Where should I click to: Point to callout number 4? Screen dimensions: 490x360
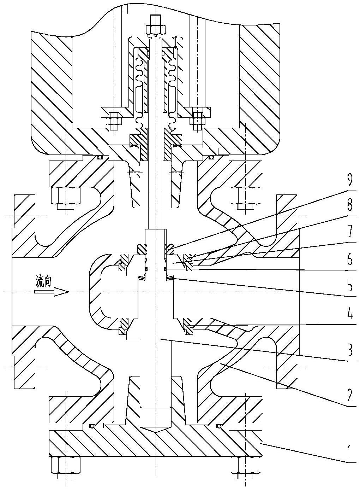(x=349, y=315)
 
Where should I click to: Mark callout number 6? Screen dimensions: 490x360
(x=349, y=261)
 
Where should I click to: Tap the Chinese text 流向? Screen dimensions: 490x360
(x=44, y=281)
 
